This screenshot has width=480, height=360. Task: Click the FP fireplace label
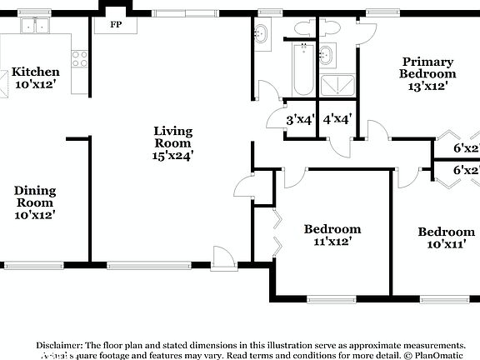click(x=117, y=24)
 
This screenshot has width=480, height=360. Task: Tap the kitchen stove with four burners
click(x=80, y=58)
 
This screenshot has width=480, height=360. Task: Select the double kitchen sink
click(x=35, y=27)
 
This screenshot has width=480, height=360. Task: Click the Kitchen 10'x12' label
click(x=35, y=77)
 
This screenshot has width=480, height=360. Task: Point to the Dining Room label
click(x=34, y=202)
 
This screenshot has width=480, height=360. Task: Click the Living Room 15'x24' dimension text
click(x=172, y=155)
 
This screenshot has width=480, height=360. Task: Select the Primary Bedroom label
click(x=427, y=72)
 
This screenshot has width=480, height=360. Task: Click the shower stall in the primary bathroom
click(x=338, y=85)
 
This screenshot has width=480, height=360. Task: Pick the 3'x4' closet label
click(x=299, y=119)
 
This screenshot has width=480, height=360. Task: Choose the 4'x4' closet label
click(x=337, y=119)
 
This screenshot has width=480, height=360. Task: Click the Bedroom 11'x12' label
click(x=332, y=236)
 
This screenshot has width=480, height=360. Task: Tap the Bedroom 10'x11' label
click(x=446, y=238)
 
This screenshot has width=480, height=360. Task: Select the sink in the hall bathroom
click(x=261, y=35)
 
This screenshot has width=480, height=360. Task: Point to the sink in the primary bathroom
click(x=326, y=56)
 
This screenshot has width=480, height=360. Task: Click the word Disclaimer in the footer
click(x=58, y=344)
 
